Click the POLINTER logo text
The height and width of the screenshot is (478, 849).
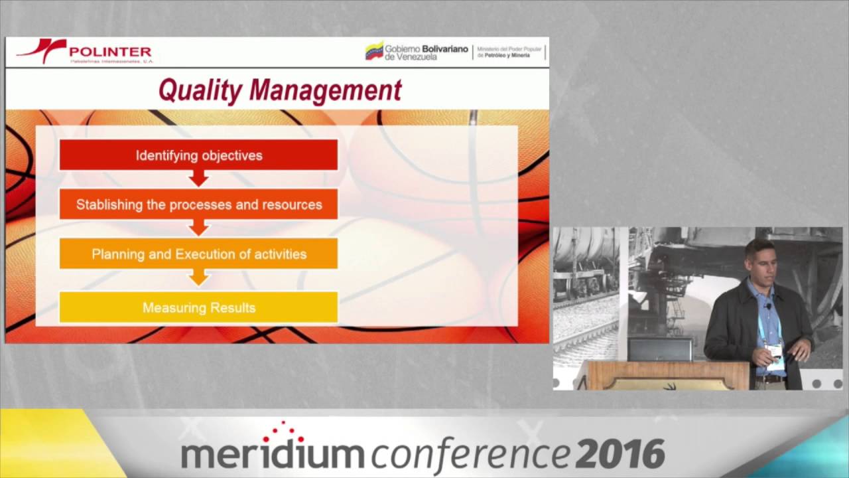tap(110, 51)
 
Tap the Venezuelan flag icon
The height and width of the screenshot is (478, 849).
tap(374, 51)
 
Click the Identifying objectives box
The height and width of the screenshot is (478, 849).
tap(198, 155)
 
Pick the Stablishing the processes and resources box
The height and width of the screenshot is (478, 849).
tap(198, 204)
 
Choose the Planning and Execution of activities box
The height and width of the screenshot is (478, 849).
tap(198, 254)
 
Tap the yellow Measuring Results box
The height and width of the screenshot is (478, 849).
tap(198, 307)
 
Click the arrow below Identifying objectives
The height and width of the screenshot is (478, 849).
tap(198, 179)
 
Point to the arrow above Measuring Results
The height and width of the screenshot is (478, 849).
tap(198, 278)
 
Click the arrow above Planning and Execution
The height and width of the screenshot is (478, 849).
tap(198, 228)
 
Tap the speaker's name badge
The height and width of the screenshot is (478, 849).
tap(775, 356)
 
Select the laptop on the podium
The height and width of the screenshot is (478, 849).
tap(660, 349)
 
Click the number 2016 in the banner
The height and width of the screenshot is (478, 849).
tap(620, 454)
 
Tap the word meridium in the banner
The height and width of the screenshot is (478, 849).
tap(272, 454)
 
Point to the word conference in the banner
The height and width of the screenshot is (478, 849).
tap(470, 454)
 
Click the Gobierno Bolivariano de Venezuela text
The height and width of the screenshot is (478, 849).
tap(426, 52)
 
